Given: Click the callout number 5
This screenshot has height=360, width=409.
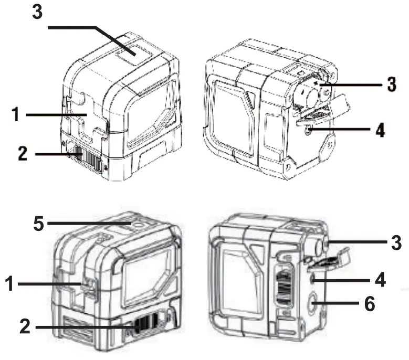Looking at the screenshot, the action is (39, 224).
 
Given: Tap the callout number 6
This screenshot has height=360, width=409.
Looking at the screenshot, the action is (370, 304).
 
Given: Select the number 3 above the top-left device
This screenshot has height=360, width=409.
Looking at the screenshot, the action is (37, 12).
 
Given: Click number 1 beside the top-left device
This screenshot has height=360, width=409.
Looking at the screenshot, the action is (16, 114).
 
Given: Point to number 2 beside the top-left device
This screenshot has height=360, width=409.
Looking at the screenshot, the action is (23, 153).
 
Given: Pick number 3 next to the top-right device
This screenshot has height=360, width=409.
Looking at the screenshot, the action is (392, 84).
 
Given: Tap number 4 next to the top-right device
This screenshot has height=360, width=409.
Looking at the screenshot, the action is (380, 130).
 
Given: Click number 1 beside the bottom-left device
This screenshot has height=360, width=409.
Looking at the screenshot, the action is (9, 284).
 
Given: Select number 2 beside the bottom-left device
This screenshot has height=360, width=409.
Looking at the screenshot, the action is (25, 326).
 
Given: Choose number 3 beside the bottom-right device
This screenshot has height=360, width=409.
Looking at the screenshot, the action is (396, 242).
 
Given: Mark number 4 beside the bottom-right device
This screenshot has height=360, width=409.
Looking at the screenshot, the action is (380, 280).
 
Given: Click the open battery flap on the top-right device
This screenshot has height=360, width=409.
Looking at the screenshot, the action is (323, 110).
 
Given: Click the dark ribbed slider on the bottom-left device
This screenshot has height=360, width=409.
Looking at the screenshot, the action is (146, 324).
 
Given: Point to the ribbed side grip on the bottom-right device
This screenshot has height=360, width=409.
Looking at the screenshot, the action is (284, 287).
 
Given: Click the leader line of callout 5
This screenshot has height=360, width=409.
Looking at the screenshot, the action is (89, 224).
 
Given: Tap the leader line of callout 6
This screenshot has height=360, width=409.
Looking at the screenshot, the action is (335, 303).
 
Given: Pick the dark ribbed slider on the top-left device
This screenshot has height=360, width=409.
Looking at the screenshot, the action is (87, 158).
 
